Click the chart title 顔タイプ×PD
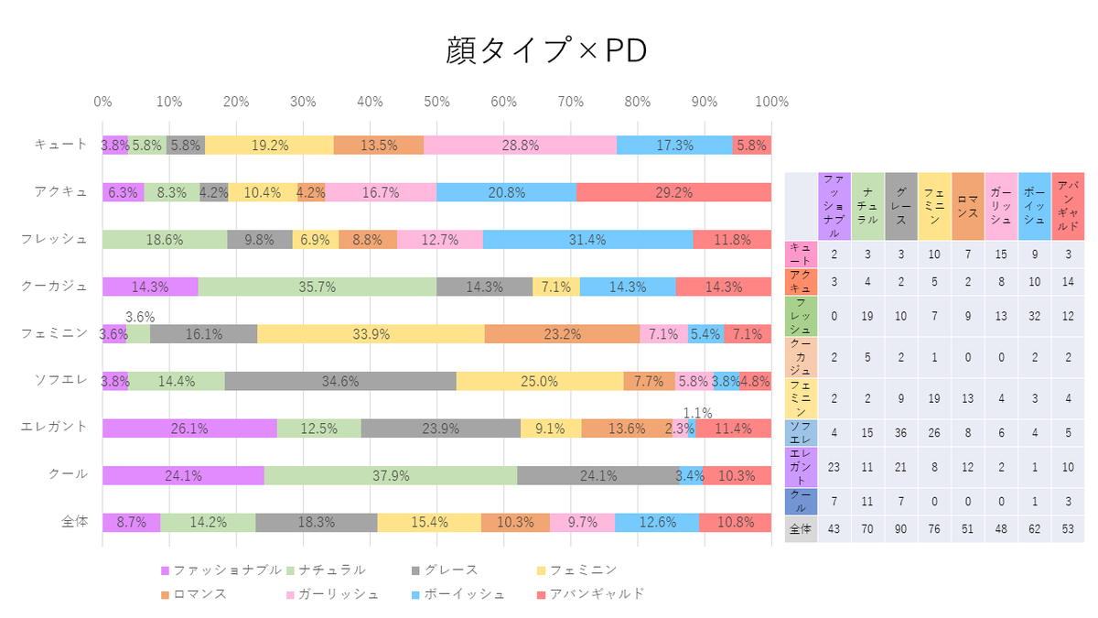(x=546, y=50)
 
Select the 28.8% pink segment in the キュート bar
(x=520, y=146)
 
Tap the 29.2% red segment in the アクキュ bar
(x=674, y=192)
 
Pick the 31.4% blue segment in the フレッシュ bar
(x=587, y=239)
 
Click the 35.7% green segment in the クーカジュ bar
(x=318, y=287)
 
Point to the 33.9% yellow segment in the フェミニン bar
(x=371, y=334)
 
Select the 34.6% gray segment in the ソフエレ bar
(x=340, y=381)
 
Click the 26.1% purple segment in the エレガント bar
(x=189, y=428)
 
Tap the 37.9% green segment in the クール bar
(x=391, y=475)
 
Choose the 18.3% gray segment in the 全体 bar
(x=317, y=523)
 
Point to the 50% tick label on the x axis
(x=436, y=102)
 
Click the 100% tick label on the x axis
(x=771, y=102)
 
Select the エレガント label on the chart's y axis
(x=54, y=427)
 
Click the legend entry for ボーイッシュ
(x=458, y=594)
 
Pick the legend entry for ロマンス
(x=194, y=594)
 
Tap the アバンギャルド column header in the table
(x=1068, y=206)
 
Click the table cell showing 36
(x=901, y=432)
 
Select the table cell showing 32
(x=1035, y=316)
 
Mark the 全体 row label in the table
(x=801, y=529)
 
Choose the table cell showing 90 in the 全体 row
(x=901, y=529)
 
